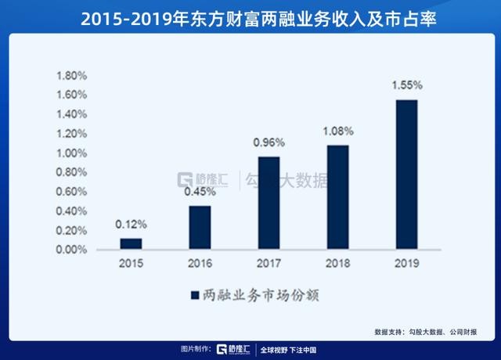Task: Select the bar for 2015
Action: (131, 243)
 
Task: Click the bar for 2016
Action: (200, 227)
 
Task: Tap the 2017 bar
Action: (269, 203)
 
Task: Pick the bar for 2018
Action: (338, 196)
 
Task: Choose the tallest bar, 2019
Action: (407, 174)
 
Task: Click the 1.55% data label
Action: (407, 85)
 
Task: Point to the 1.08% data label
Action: (338, 131)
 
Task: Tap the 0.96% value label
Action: (269, 142)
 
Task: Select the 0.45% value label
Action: (200, 191)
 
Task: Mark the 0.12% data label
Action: (131, 225)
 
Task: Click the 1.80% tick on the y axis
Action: (71, 76)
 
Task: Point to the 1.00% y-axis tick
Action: (71, 153)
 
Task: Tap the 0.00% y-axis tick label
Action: (71, 250)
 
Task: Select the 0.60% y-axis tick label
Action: (71, 192)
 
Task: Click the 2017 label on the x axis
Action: (269, 263)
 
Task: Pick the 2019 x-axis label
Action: (407, 263)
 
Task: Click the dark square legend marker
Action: (195, 295)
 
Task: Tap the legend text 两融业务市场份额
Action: (261, 295)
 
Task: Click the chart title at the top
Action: (258, 19)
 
